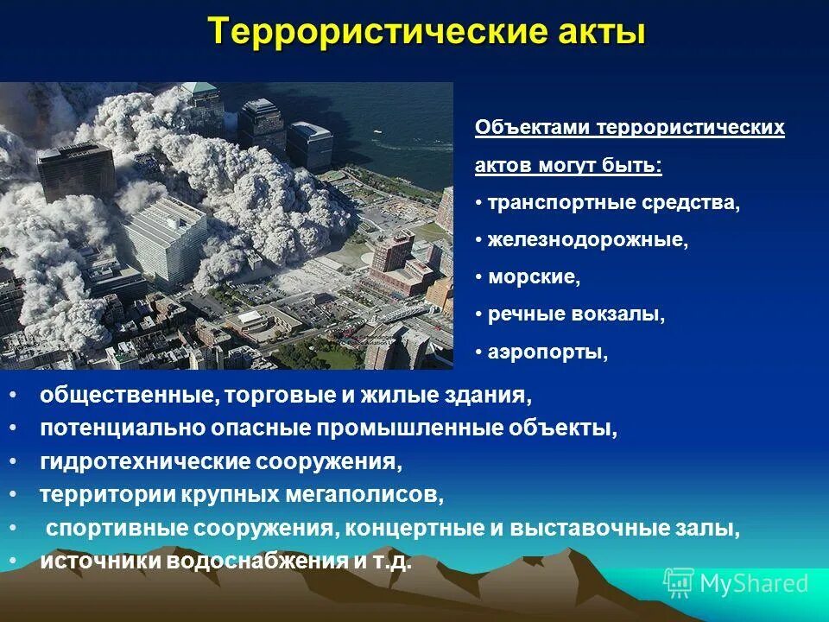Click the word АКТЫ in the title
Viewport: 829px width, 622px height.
(597, 34)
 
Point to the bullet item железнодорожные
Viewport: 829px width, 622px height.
(587, 241)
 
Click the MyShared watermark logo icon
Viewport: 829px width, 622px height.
(678, 582)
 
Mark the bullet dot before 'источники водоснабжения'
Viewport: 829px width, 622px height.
(14, 561)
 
